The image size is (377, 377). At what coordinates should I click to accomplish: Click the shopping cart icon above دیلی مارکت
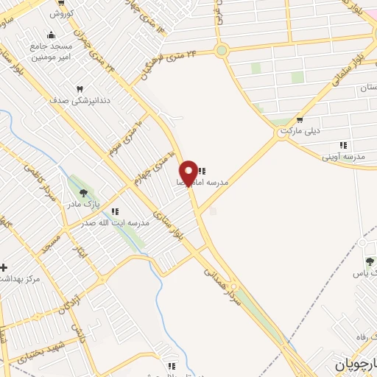point(299,120)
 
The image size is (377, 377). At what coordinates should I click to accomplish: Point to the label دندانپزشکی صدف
point(79,102)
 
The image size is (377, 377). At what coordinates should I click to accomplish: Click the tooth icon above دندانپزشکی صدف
point(80,89)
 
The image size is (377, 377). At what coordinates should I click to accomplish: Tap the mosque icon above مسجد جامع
point(50,34)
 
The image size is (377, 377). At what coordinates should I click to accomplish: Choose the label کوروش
point(58,13)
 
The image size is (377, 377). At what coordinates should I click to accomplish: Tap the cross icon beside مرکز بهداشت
point(4,267)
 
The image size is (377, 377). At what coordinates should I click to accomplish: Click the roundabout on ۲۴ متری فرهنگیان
point(221,50)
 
